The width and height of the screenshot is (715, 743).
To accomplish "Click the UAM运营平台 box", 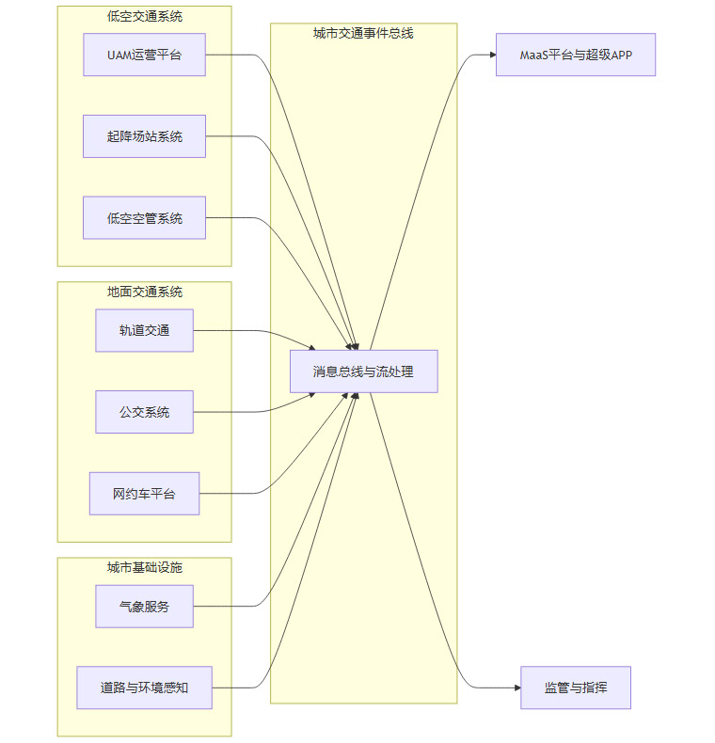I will (144, 55).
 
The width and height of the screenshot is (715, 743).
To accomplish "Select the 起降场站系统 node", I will (144, 136).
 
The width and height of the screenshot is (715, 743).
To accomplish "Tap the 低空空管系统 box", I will (144, 218).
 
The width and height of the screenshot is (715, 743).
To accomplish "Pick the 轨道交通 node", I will (144, 330).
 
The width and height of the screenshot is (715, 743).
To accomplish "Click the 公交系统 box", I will (144, 412).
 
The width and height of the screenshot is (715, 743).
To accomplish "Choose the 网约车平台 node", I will (144, 494).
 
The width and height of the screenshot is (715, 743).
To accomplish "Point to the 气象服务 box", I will (144, 607).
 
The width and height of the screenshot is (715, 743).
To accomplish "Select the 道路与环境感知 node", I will (144, 688).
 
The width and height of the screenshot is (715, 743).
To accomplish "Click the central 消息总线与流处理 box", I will (363, 371).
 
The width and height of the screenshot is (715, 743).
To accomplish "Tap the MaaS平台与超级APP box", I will (575, 55).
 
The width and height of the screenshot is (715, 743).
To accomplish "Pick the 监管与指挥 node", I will (575, 688).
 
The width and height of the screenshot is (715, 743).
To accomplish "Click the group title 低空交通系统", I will (145, 15).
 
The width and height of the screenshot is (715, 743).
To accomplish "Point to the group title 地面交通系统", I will (145, 292).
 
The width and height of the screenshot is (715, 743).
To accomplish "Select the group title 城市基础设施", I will (145, 567).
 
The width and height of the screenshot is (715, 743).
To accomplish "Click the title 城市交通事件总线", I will (363, 33).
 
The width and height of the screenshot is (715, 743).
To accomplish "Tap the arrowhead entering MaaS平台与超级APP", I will (492, 55).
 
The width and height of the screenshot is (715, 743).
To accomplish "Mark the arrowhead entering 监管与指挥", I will (516, 688).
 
